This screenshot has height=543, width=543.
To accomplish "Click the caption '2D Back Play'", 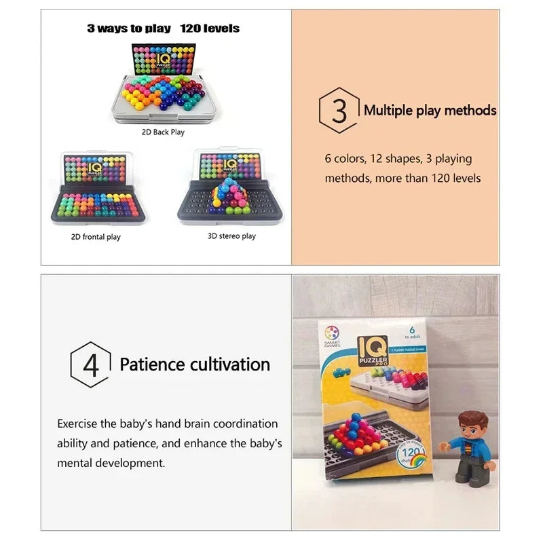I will click(x=163, y=132).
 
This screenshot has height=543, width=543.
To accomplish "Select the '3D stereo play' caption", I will click(x=231, y=236).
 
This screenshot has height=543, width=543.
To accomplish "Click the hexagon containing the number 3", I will click(x=339, y=110).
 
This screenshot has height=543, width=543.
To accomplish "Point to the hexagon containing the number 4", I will click(x=90, y=364).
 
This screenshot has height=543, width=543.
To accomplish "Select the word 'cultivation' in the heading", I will click(x=229, y=364).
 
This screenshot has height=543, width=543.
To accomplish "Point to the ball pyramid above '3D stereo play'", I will click(x=229, y=196).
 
